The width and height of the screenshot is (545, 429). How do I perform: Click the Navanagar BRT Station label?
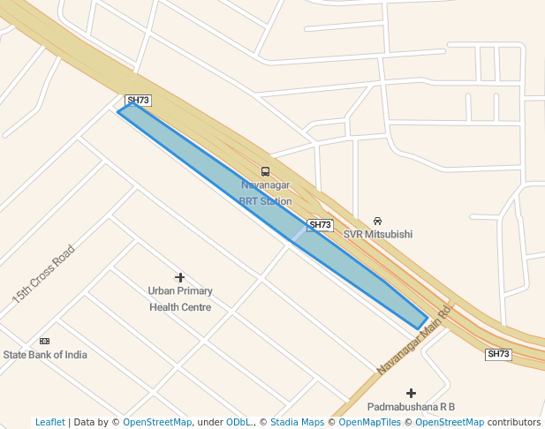(265, 193)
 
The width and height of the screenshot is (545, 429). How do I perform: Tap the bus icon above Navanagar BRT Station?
(265, 171)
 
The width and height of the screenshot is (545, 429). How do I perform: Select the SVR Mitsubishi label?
(377, 234)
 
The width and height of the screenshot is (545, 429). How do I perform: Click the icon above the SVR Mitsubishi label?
(377, 220)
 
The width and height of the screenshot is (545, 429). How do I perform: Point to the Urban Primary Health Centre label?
(180, 298)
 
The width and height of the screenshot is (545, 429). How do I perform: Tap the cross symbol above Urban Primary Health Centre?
(180, 277)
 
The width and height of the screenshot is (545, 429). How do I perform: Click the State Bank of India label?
(45, 355)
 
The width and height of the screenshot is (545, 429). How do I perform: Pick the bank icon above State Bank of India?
(44, 341)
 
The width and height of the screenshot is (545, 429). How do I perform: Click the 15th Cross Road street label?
(43, 275)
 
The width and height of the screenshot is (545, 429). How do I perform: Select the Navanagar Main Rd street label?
(413, 341)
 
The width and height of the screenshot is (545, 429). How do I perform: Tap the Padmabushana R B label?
(411, 407)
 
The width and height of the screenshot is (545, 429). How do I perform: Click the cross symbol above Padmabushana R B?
(411, 392)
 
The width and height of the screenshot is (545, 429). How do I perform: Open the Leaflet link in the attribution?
(50, 422)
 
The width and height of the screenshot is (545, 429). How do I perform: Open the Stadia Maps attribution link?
(297, 422)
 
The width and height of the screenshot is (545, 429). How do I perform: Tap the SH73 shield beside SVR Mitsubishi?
(320, 225)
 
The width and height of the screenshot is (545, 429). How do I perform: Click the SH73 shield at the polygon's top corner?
(138, 101)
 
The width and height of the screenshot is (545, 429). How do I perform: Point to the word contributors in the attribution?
(513, 422)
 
